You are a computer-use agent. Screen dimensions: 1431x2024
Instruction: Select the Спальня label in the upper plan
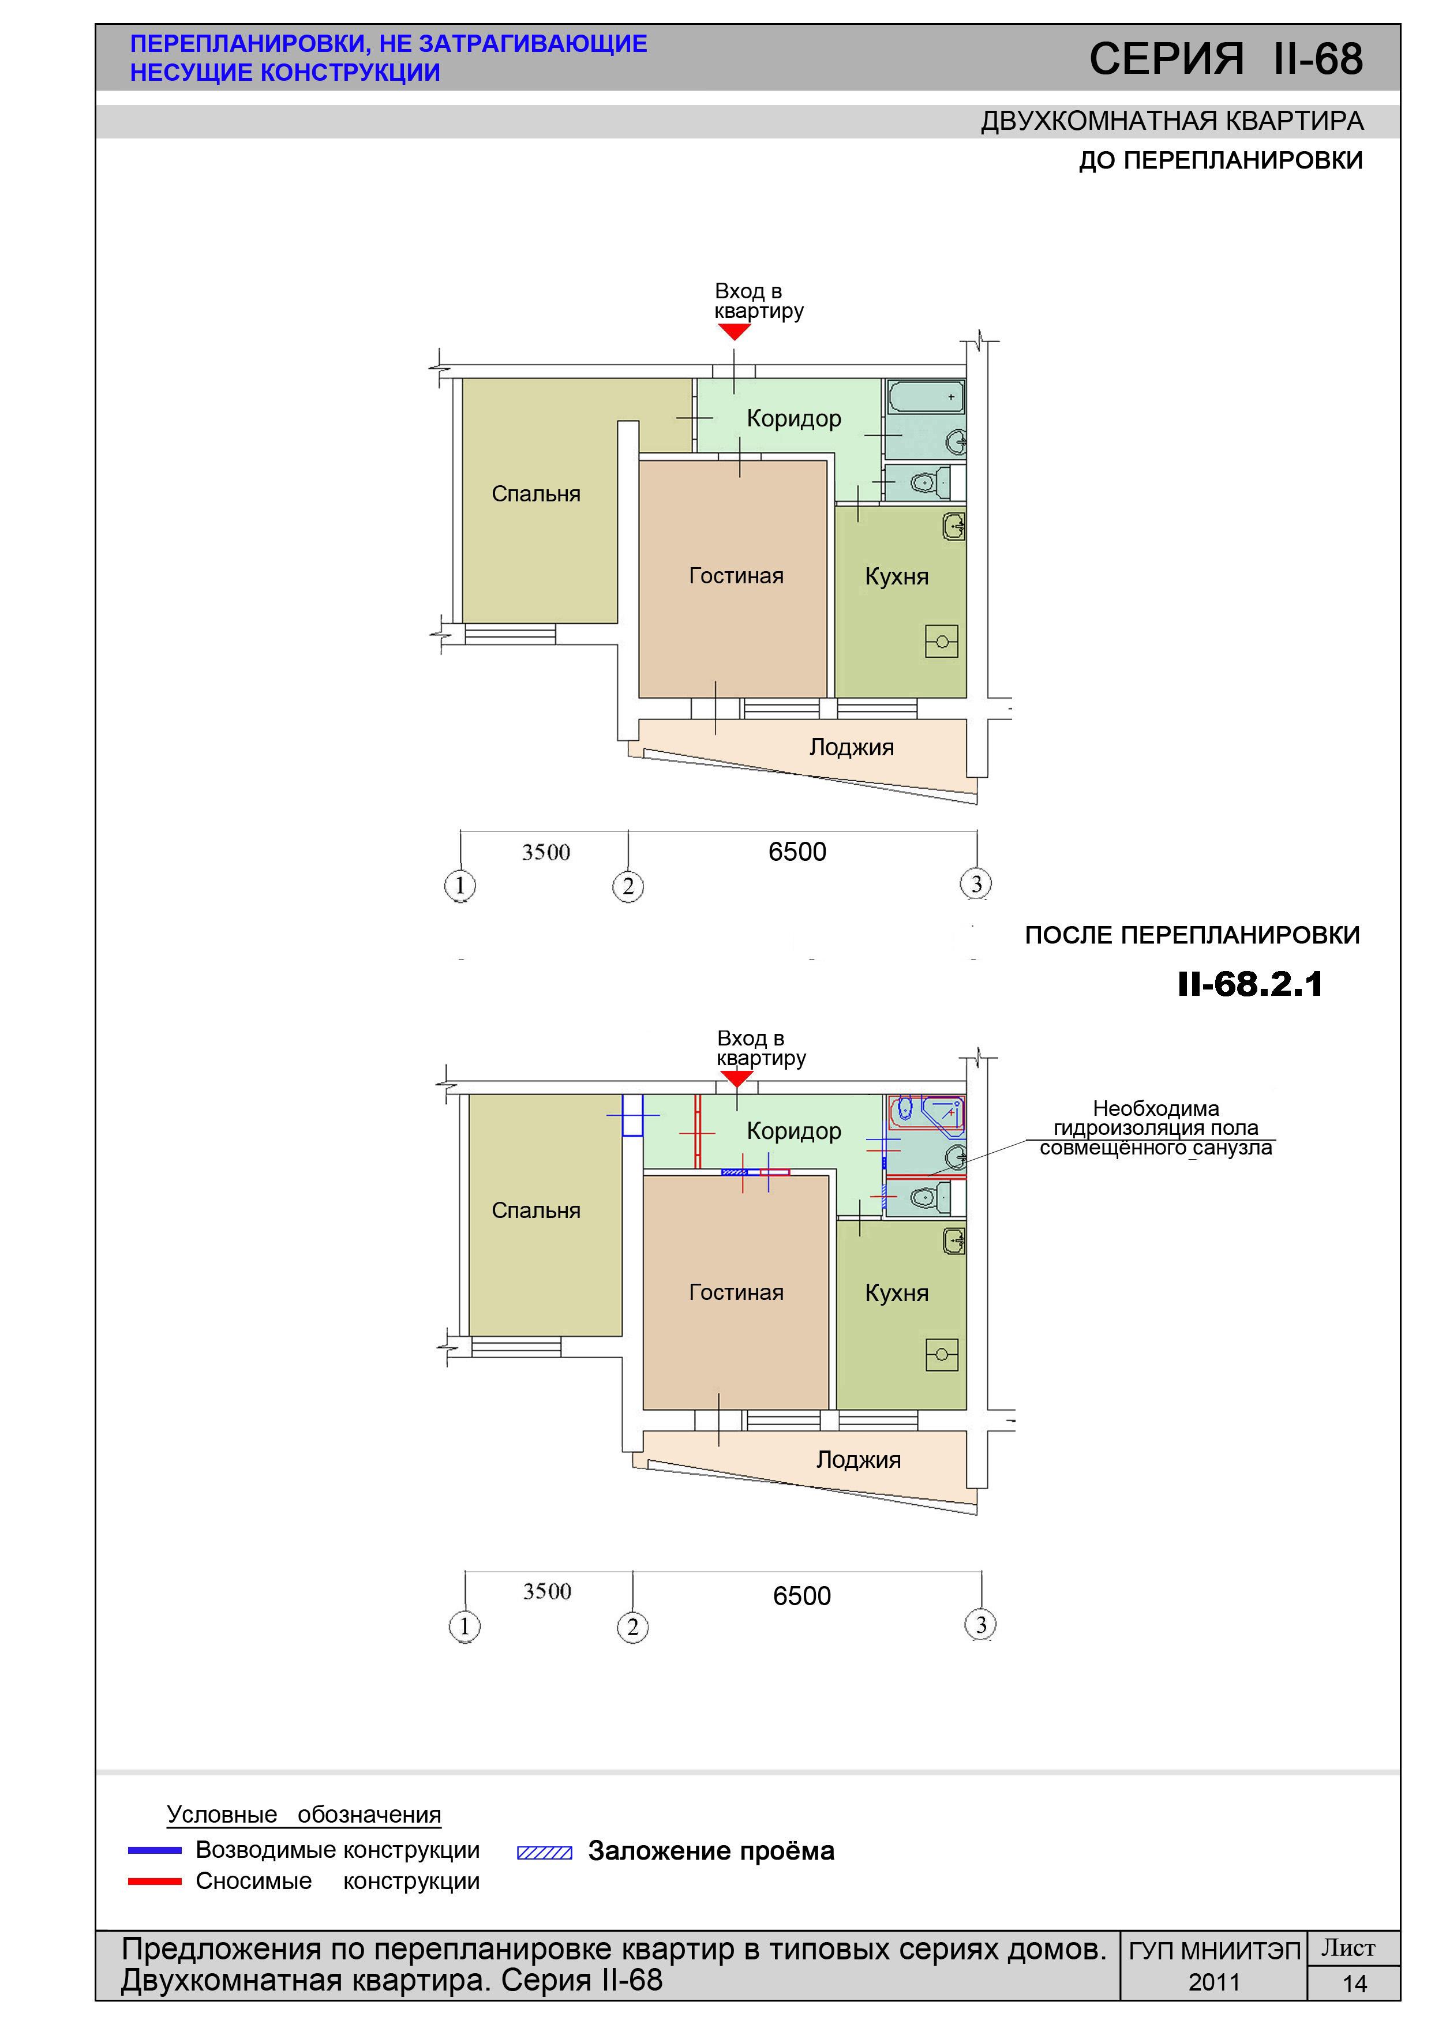click(536, 494)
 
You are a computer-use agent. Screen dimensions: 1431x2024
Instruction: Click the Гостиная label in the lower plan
click(736, 1292)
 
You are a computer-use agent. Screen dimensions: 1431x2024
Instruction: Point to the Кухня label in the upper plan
click(897, 576)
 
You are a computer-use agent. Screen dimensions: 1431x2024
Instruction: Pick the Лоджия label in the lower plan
click(859, 1460)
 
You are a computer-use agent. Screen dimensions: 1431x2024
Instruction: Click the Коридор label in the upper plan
click(793, 419)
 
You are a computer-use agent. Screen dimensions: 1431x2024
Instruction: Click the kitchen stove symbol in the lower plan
click(942, 1355)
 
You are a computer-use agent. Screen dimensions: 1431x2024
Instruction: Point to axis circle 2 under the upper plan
click(628, 886)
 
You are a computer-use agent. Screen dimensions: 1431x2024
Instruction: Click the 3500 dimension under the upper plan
click(546, 852)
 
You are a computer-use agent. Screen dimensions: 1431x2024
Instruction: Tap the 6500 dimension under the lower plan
click(801, 1595)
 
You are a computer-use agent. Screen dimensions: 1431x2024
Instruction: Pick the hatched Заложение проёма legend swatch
click(544, 1853)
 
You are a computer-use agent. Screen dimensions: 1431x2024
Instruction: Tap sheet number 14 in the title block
click(1354, 1984)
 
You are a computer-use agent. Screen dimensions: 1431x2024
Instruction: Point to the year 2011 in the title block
click(1214, 1982)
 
